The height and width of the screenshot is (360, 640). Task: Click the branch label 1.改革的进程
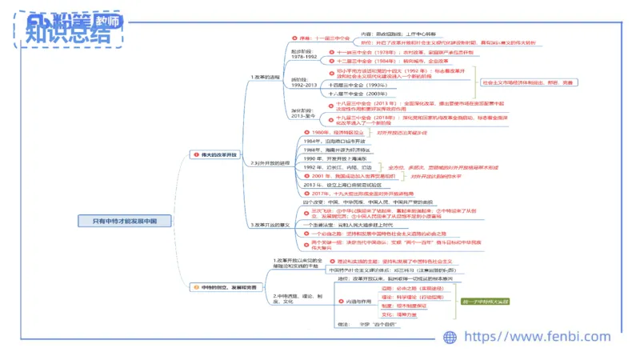click(266, 78)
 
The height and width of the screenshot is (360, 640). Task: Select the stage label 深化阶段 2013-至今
click(304, 111)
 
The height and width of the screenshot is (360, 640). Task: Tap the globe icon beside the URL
click(452, 338)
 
